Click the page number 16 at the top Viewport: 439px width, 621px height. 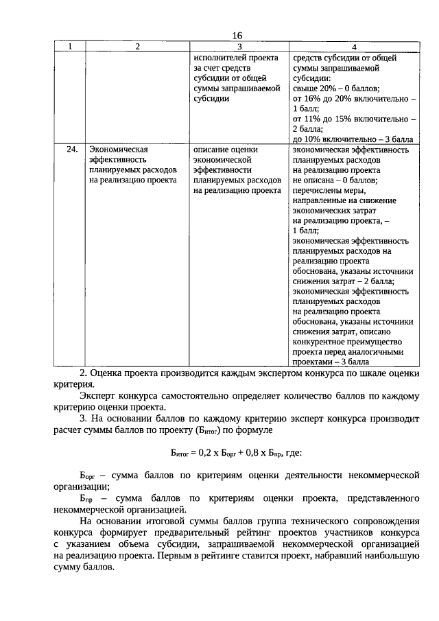pyautogui.click(x=237, y=36)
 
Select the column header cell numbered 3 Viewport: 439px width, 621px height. pyautogui.click(x=239, y=47)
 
